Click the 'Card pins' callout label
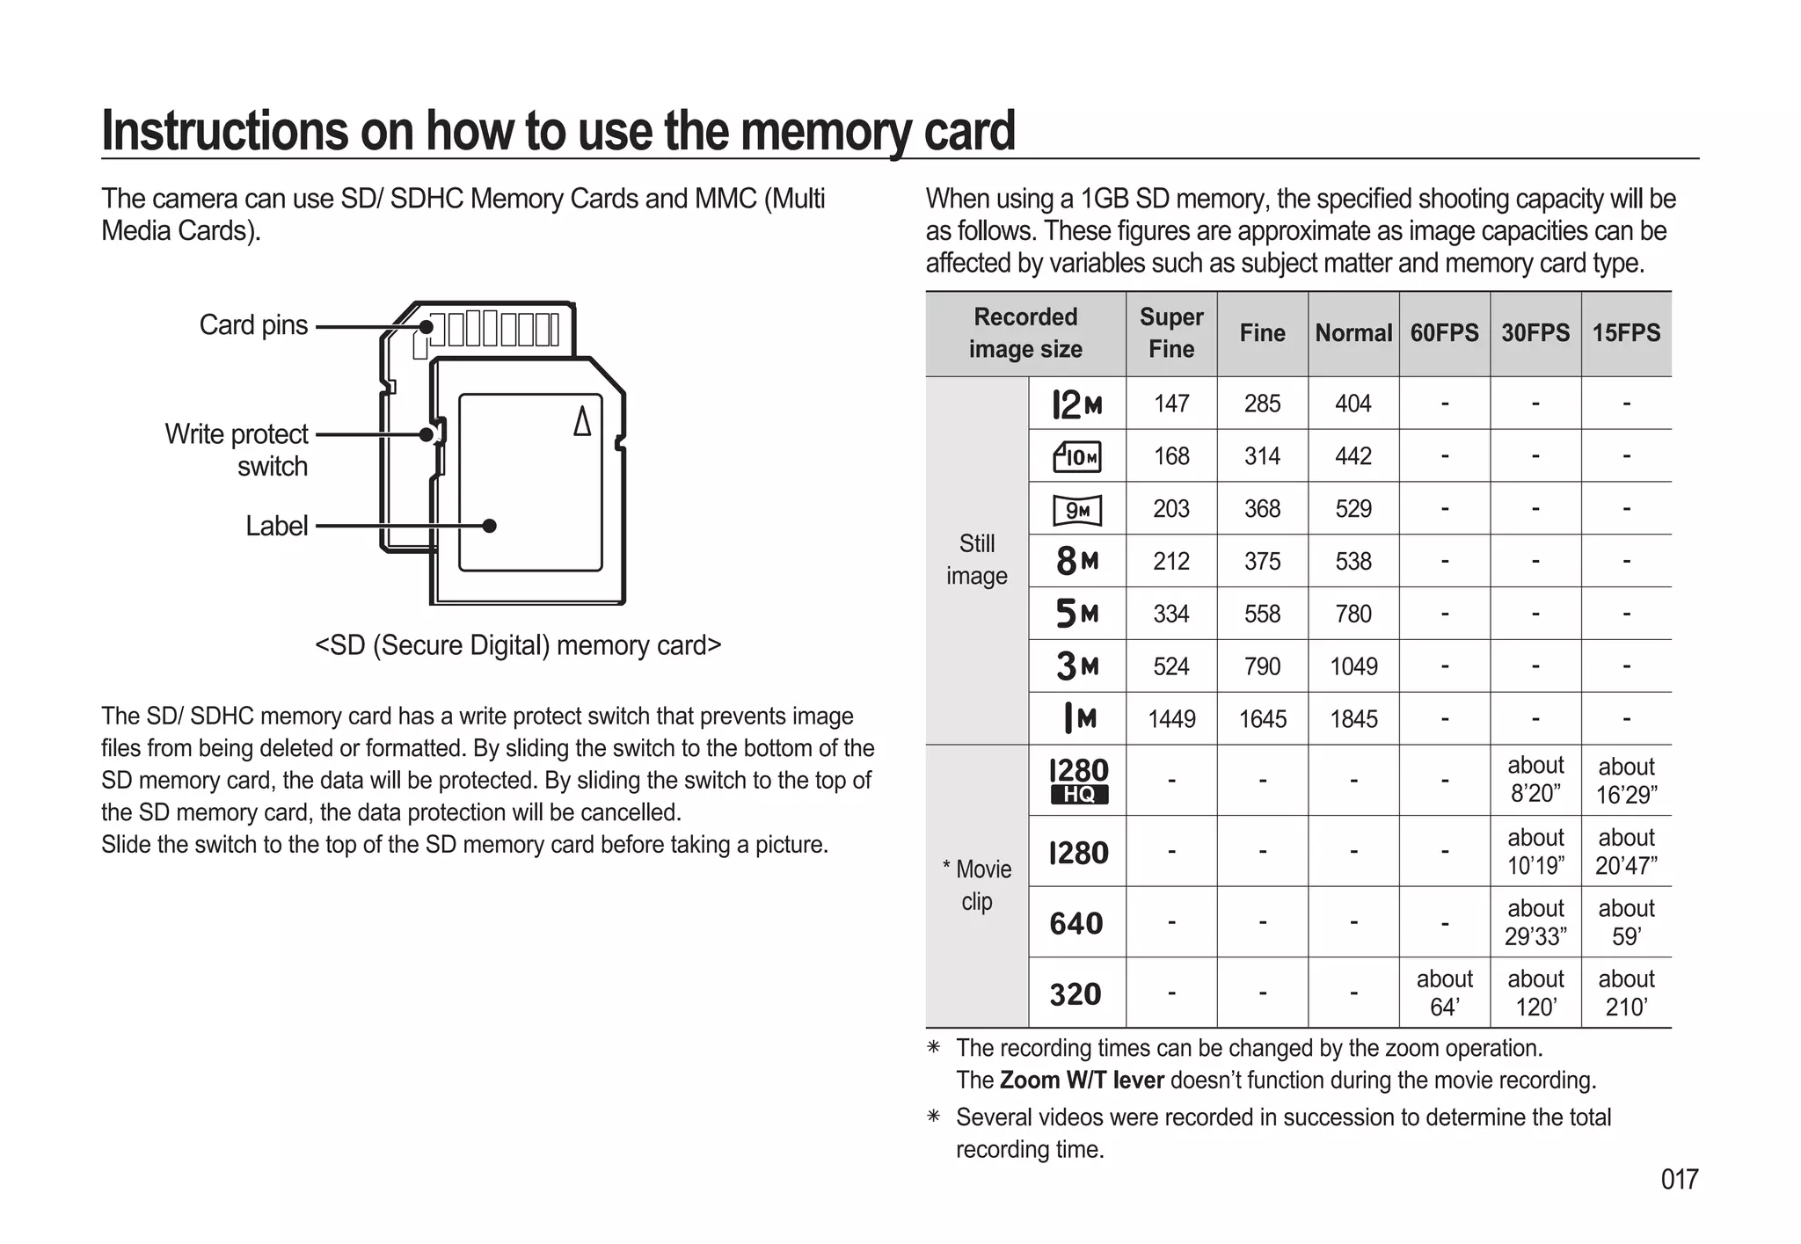(x=253, y=325)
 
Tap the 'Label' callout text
(x=276, y=526)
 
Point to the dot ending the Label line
(x=490, y=526)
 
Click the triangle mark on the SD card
(x=582, y=421)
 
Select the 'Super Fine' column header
(x=1171, y=333)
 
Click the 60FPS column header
(x=1444, y=333)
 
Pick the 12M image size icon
(x=1077, y=404)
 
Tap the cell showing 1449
(x=1171, y=719)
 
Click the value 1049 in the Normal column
(x=1353, y=666)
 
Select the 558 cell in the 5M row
(x=1262, y=614)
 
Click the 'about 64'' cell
(x=1444, y=993)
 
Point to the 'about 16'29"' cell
(x=1626, y=781)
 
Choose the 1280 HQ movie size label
(x=1078, y=781)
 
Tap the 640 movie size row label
(x=1076, y=923)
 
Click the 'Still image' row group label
(x=976, y=560)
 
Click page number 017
(x=1679, y=1179)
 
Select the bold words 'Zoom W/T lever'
(x=1082, y=1080)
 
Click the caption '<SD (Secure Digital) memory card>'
(x=518, y=645)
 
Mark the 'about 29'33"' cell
(x=1535, y=922)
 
